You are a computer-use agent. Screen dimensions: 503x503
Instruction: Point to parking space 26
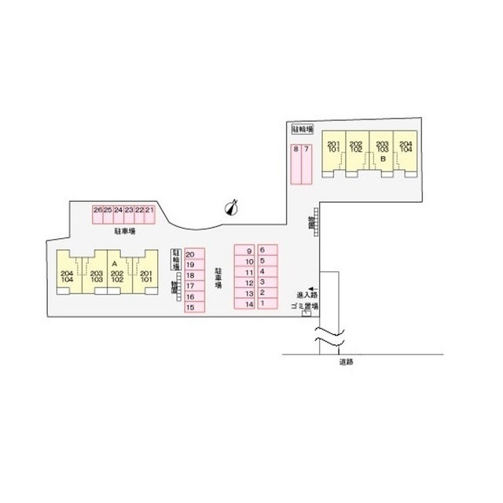pyautogui.click(x=97, y=210)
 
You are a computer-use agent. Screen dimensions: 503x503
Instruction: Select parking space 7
pyautogui.click(x=307, y=149)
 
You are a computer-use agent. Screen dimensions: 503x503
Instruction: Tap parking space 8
pyautogui.click(x=296, y=149)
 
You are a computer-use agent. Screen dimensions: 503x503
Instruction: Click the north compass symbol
pyautogui.click(x=231, y=206)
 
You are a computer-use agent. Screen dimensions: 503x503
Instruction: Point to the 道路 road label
pyautogui.click(x=346, y=362)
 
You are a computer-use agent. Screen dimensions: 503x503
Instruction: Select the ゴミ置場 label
pyautogui.click(x=303, y=306)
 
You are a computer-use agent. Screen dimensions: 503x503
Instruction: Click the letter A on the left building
pyautogui.click(x=115, y=263)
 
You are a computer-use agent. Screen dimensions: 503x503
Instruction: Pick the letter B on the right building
pyautogui.click(x=382, y=159)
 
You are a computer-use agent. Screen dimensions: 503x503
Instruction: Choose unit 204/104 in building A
pyautogui.click(x=66, y=277)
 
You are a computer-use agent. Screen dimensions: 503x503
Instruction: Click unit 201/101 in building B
pyautogui.click(x=333, y=145)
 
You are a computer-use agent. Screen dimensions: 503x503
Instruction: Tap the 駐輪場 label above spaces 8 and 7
pyautogui.click(x=303, y=128)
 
